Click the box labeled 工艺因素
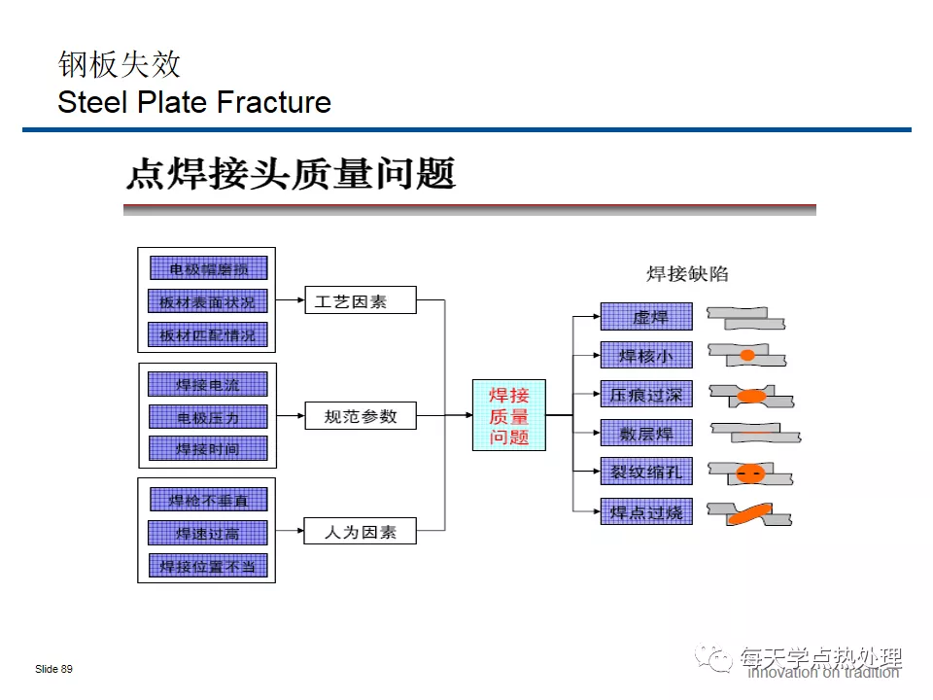pos(361,300)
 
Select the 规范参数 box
pos(361,416)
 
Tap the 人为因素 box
pos(361,531)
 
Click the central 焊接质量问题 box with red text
pos(509,415)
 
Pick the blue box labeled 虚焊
pos(646,317)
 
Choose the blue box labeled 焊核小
pos(646,356)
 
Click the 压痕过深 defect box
pos(646,395)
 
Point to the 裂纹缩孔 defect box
pos(646,472)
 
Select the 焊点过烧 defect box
pos(646,510)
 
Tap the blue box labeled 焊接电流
pos(207,384)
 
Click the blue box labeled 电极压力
pos(207,417)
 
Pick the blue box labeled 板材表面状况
pos(207,301)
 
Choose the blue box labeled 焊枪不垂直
pos(207,500)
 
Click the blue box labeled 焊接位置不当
pos(207,566)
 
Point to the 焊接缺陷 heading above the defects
pos(687,274)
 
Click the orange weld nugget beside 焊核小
pos(746,356)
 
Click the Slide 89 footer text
pos(53,670)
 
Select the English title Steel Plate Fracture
pos(194,102)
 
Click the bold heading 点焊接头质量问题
pos(291,174)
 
